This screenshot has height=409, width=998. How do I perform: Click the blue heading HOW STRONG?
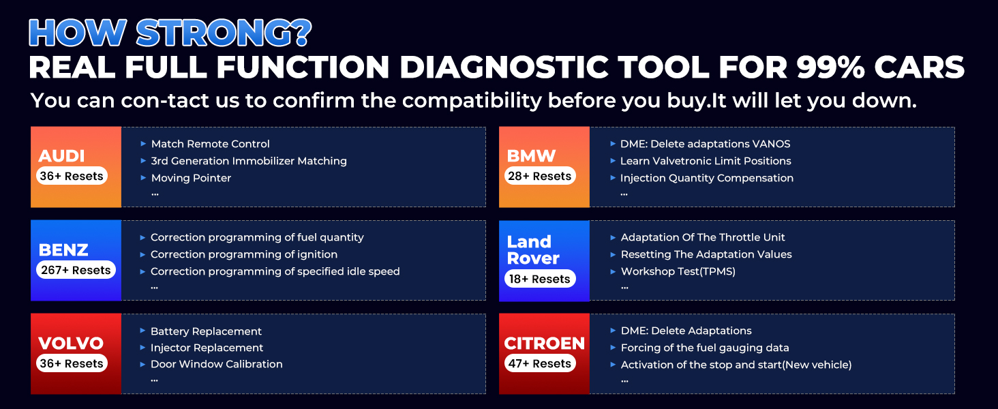click(x=170, y=33)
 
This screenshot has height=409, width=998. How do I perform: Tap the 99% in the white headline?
click(x=830, y=67)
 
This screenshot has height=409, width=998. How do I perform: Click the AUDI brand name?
click(x=61, y=156)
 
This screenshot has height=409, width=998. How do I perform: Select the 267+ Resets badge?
click(x=76, y=270)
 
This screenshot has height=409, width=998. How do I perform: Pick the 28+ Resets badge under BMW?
click(x=539, y=176)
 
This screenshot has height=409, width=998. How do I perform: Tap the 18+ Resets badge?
click(x=539, y=279)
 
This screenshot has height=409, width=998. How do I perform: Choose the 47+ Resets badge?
click(x=539, y=363)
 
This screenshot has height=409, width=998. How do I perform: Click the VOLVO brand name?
click(x=71, y=344)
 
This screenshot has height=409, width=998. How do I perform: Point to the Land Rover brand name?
click(x=533, y=250)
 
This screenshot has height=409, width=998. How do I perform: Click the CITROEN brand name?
click(x=545, y=344)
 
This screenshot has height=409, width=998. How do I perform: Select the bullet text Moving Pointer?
click(x=191, y=178)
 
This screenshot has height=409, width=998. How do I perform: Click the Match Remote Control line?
click(x=210, y=144)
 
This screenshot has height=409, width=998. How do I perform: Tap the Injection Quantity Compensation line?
click(x=707, y=178)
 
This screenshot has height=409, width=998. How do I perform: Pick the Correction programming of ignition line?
click(x=244, y=254)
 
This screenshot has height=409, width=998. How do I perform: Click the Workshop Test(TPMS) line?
click(x=678, y=271)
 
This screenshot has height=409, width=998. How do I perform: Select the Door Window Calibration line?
click(x=217, y=364)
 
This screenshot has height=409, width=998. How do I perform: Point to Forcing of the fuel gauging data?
click(x=705, y=348)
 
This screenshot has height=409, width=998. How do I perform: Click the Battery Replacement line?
click(x=206, y=331)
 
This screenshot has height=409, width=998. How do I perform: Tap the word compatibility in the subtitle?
click(x=472, y=101)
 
